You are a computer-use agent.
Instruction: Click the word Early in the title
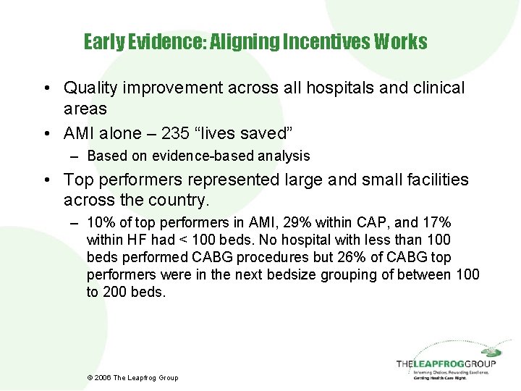point(103,42)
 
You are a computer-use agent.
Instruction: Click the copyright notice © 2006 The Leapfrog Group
point(132,377)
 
